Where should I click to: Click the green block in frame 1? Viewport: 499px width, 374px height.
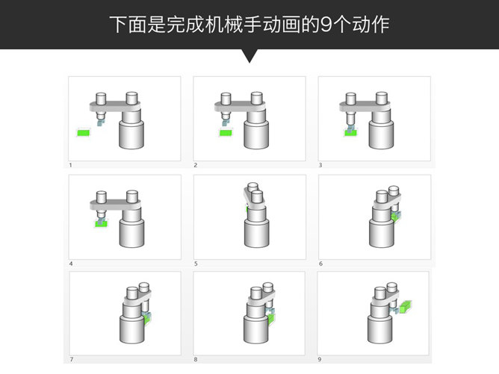pyautogui.click(x=84, y=133)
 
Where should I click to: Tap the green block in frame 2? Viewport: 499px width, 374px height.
pyautogui.click(x=226, y=133)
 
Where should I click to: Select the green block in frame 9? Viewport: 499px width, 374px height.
pyautogui.click(x=406, y=307)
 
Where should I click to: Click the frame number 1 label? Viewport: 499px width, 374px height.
pyautogui.click(x=71, y=165)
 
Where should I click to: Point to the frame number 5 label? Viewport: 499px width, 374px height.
pyautogui.click(x=196, y=264)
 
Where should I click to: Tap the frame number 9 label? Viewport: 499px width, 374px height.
pyautogui.click(x=320, y=359)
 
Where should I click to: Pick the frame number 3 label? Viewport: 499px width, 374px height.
pyautogui.click(x=320, y=165)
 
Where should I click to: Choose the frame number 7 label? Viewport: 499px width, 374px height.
pyautogui.click(x=71, y=359)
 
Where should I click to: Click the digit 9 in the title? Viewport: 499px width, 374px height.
pyautogui.click(x=326, y=25)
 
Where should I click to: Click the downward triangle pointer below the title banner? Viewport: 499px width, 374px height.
pyautogui.click(x=249, y=54)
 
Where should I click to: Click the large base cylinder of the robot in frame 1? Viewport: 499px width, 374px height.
pyautogui.click(x=131, y=134)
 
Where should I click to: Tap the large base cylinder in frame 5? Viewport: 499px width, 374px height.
pyautogui.click(x=256, y=233)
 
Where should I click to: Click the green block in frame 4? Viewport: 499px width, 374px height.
pyautogui.click(x=101, y=224)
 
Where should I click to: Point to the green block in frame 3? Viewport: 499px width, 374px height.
pyautogui.click(x=350, y=133)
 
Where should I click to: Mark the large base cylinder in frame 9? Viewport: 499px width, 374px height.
pyautogui.click(x=379, y=329)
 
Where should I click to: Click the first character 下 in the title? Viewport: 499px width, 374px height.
pyautogui.click(x=118, y=25)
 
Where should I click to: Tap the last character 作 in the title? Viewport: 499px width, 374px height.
pyautogui.click(x=381, y=25)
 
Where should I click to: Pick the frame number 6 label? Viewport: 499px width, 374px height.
pyautogui.click(x=320, y=264)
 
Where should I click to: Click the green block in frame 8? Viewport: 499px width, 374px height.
pyautogui.click(x=271, y=319)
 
